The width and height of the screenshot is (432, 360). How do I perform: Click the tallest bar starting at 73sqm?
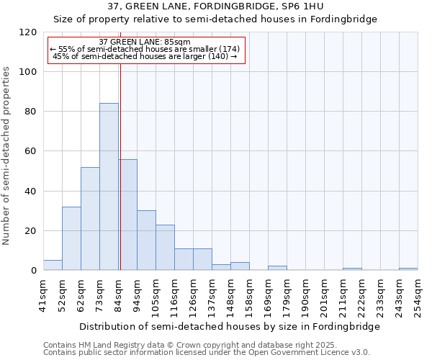109,187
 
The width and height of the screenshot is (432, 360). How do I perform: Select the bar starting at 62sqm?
90,219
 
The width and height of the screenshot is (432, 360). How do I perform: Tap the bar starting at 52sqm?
71,238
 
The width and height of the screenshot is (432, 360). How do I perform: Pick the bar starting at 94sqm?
146,240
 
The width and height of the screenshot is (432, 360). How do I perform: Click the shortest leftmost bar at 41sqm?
53,265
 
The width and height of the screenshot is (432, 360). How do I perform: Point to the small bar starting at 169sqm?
277,268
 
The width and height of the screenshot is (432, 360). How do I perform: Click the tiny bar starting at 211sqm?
352,269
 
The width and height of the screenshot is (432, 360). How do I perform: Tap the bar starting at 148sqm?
240,266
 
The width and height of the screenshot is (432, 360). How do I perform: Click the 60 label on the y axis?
31,151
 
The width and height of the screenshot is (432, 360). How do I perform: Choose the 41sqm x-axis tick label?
43,295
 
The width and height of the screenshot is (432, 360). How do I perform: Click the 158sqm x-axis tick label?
249,295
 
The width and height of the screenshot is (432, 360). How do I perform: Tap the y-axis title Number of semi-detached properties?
7,151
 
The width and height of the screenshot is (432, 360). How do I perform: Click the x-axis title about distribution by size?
230,326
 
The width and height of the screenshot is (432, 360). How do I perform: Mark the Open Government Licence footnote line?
207,353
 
